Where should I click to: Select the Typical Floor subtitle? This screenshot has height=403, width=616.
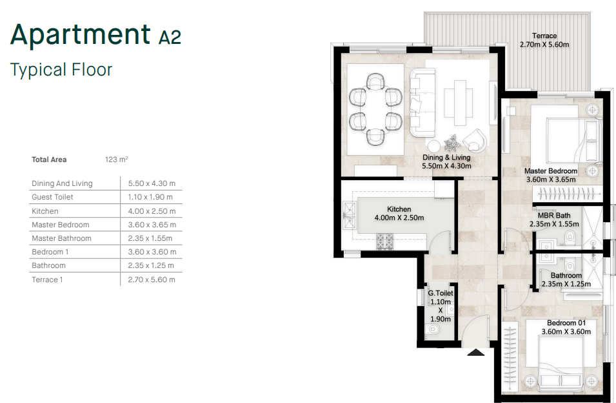[x=61, y=70]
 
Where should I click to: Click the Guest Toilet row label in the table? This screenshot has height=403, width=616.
[x=52, y=197]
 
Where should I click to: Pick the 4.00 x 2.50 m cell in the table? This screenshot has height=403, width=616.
[x=152, y=211]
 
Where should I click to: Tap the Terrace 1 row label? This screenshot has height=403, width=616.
[x=47, y=280]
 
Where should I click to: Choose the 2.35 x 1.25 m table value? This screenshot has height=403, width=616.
[x=152, y=265]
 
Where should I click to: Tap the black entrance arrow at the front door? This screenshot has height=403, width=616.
[x=475, y=353]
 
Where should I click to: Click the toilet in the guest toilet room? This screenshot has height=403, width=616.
[x=433, y=330]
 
